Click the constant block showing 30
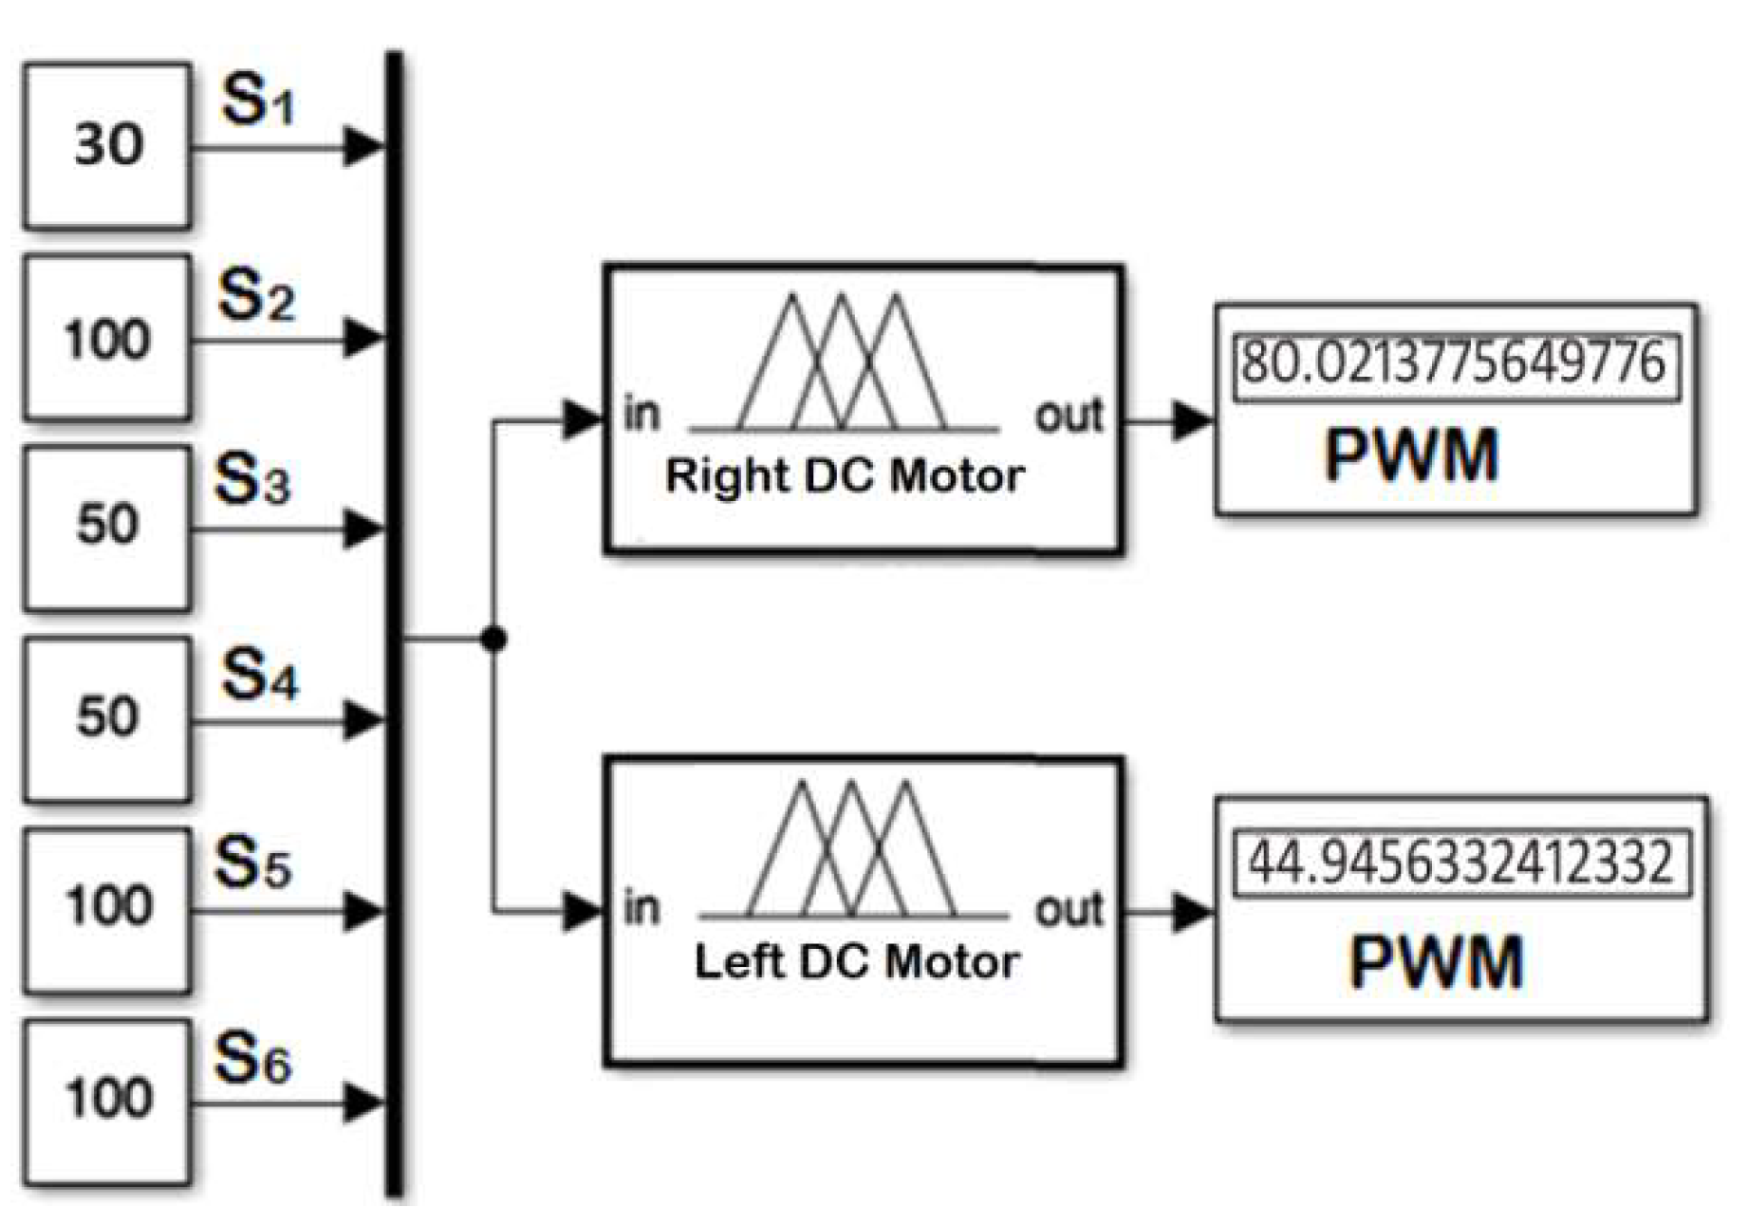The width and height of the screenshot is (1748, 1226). click(x=107, y=146)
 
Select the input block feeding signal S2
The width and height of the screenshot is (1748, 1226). click(x=107, y=339)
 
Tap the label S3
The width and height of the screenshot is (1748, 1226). click(x=252, y=479)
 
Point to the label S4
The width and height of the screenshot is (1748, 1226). click(x=259, y=676)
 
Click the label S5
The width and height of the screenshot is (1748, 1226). click(x=252, y=864)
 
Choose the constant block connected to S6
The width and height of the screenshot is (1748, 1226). click(x=107, y=1101)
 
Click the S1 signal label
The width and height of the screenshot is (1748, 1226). click(x=257, y=100)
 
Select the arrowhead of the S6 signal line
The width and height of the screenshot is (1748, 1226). click(x=363, y=1103)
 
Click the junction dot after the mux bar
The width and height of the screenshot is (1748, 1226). click(x=493, y=640)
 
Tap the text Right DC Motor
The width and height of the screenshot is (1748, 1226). click(x=845, y=475)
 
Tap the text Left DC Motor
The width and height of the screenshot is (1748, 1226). click(x=857, y=962)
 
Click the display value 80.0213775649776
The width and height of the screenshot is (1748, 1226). click(x=1454, y=363)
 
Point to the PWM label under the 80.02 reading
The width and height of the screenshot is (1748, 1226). click(x=1411, y=456)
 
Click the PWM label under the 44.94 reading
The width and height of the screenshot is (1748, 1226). click(x=1436, y=962)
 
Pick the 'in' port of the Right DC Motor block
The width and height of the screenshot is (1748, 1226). click(x=642, y=415)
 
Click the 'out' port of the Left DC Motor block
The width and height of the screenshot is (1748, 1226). click(x=1069, y=909)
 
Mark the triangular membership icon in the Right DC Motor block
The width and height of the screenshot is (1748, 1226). click(x=843, y=365)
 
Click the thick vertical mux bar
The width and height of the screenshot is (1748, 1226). click(x=394, y=626)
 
